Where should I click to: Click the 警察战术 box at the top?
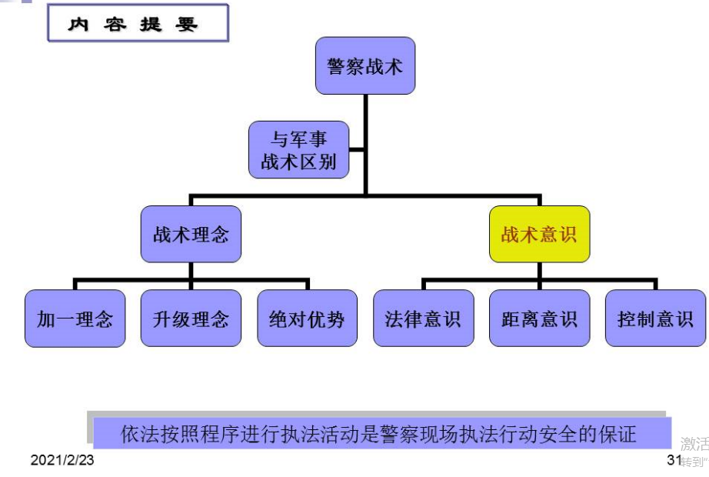tap(365, 66)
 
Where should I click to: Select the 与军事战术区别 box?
tap(298, 150)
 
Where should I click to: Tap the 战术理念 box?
tap(191, 234)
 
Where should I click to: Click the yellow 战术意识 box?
tap(539, 234)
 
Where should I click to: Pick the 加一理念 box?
tap(75, 318)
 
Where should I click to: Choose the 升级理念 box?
tap(191, 318)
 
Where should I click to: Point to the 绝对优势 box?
tap(307, 318)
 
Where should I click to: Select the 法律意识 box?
tap(423, 318)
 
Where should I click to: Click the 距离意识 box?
tap(539, 318)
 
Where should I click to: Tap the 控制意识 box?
tap(655, 318)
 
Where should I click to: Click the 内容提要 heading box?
tap(138, 24)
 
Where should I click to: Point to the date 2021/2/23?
tap(62, 460)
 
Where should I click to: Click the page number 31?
tap(674, 460)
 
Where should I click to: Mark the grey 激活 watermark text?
tap(694, 444)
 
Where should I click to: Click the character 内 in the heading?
tap(78, 24)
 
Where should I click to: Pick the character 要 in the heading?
tap(188, 24)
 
